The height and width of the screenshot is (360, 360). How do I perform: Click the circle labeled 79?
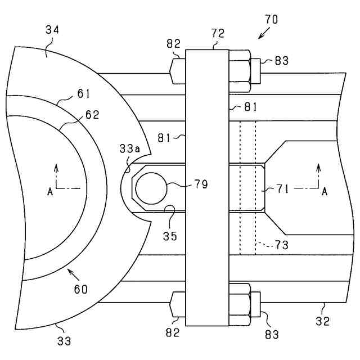coord(151,188)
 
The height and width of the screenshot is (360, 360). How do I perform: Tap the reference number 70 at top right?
coord(272,20)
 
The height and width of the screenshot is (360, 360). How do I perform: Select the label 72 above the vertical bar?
coord(218,34)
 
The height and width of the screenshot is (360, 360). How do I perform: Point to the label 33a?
coord(129,148)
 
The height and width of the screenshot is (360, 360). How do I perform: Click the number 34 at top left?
coord(52,30)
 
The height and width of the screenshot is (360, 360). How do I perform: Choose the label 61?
coord(83,94)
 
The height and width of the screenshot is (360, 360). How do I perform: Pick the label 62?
coord(92,115)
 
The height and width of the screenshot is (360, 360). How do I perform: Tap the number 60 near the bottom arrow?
coord(81,289)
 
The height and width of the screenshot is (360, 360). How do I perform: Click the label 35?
coord(170,236)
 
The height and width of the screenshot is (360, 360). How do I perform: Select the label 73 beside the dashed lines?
coord(281,245)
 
